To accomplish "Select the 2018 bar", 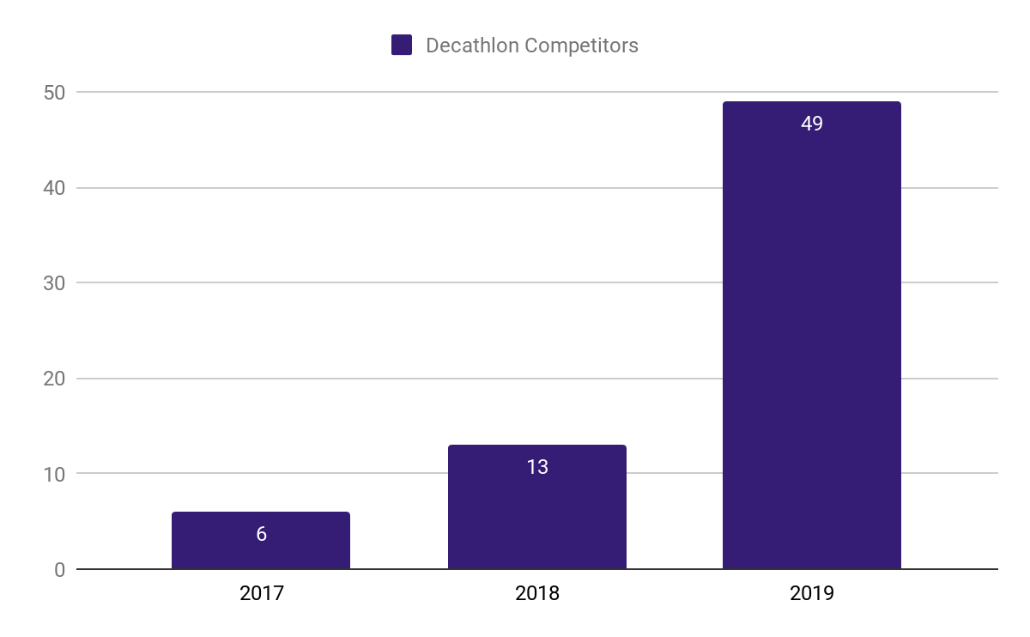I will pos(537,515).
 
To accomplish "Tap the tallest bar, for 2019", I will pos(812,343).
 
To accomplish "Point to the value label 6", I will pos(261,534).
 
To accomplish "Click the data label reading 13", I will pos(537,467).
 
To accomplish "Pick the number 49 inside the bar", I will pos(812,124).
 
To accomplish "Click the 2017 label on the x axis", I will pos(261,593).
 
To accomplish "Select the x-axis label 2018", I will pos(537,593).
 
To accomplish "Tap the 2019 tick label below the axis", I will pos(812,593).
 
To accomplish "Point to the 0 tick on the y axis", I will pos(59,570).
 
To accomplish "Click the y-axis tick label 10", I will pos(54,474).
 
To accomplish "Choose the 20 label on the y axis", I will pos(54,379).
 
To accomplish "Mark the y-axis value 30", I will pos(54,283).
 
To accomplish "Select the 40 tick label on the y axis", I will pos(54,188).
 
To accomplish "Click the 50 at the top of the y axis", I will pos(54,93).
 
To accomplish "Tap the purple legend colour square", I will pos(402,45).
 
